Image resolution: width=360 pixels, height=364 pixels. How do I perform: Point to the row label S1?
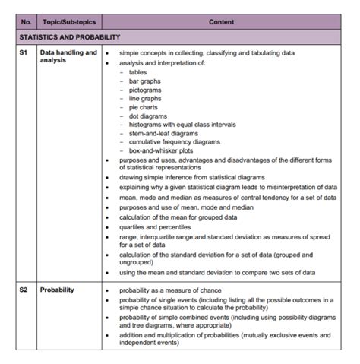click(24, 53)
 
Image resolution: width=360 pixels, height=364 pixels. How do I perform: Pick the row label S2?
click(24, 290)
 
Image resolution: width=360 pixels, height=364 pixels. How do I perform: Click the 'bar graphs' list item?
click(144, 81)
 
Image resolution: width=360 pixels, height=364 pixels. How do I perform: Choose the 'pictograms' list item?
click(145, 90)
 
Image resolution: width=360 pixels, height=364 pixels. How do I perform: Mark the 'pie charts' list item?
click(143, 107)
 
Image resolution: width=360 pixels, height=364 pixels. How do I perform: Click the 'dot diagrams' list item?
click(147, 116)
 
